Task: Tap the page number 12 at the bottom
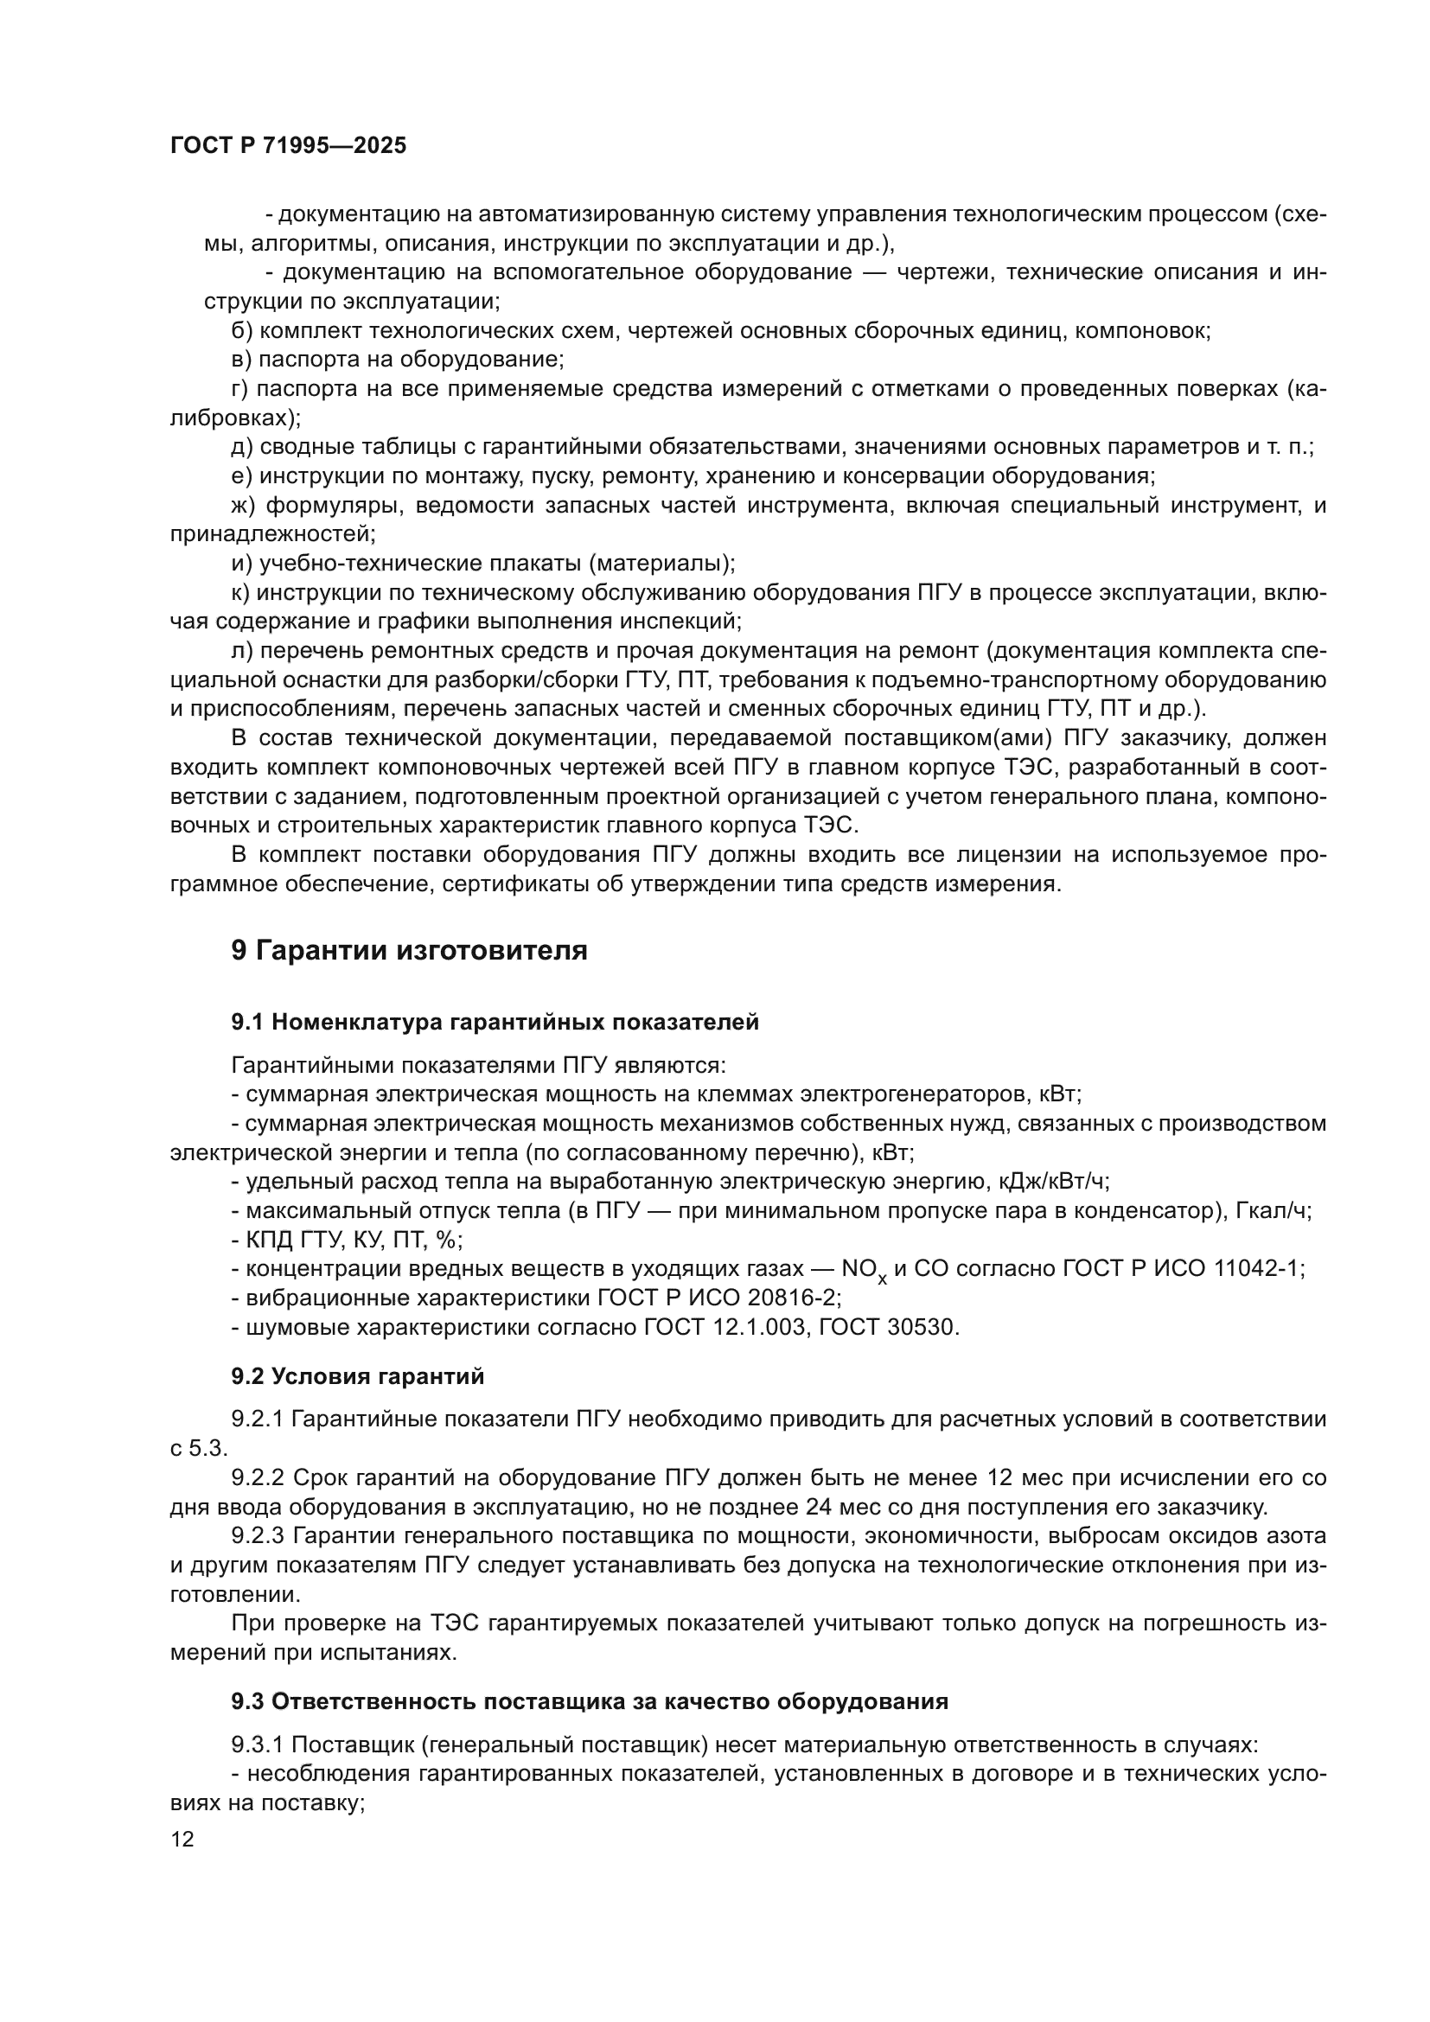(182, 1839)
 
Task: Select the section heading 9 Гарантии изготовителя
(409, 951)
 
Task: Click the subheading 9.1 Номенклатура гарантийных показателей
(495, 1023)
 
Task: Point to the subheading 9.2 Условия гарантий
(358, 1376)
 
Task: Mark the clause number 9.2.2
(258, 1477)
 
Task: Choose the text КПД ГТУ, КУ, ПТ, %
(353, 1240)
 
